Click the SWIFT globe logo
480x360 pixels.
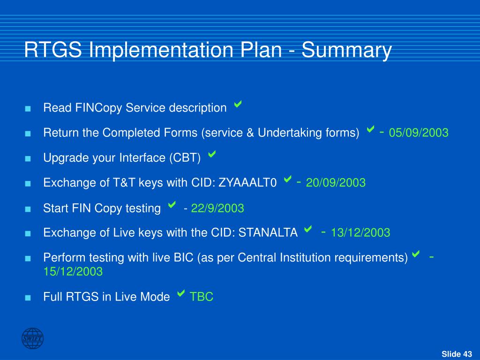coord(32,338)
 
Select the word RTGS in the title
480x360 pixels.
coord(53,50)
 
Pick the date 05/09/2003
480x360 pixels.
coord(419,133)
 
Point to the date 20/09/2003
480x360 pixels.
coord(336,183)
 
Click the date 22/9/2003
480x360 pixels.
coord(217,209)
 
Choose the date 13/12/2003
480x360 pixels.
coord(360,232)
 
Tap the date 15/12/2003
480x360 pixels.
coord(73,271)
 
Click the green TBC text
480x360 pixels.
coord(202,297)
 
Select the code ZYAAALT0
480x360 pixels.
coord(247,183)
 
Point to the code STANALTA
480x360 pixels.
coord(268,232)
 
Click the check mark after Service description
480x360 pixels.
coord(238,104)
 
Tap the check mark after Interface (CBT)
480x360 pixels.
coord(212,154)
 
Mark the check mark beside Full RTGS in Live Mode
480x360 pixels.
coord(181,293)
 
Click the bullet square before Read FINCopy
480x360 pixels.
coord(28,109)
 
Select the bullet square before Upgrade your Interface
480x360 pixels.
coord(28,158)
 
